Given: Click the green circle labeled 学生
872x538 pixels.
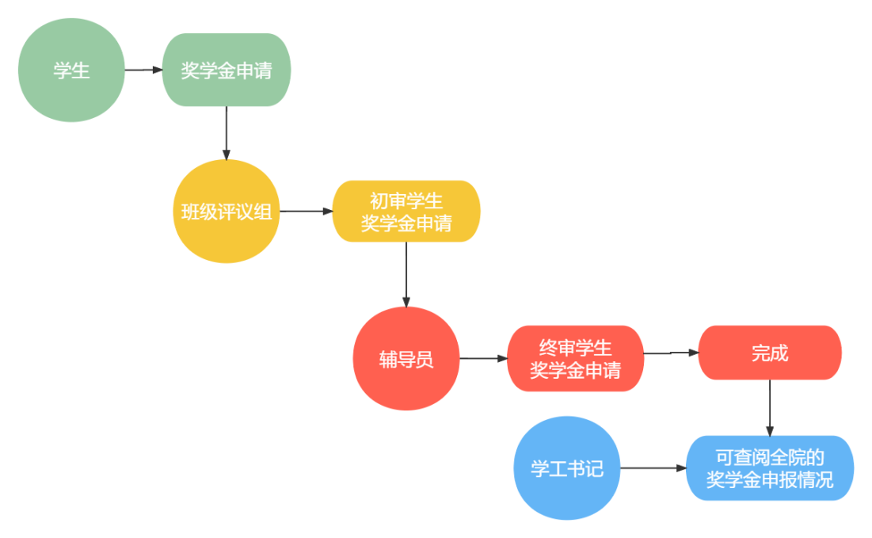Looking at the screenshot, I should click(x=71, y=71).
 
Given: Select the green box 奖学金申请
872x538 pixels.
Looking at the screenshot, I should click(x=227, y=71).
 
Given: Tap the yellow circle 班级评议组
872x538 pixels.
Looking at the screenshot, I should click(x=227, y=212).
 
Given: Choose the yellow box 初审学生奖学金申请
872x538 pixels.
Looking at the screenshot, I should click(x=406, y=212).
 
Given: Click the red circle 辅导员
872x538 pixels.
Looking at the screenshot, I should click(x=406, y=359).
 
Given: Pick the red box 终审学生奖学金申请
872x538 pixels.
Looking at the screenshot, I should click(x=575, y=359).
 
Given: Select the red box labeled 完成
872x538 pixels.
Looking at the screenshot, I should click(x=770, y=353).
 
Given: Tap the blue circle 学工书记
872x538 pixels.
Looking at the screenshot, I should click(x=567, y=468).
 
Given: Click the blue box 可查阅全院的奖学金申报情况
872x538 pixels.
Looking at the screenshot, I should click(x=770, y=468).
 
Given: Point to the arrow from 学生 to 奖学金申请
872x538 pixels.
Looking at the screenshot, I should click(x=143, y=70).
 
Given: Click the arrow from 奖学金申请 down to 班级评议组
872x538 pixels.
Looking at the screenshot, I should click(x=227, y=132).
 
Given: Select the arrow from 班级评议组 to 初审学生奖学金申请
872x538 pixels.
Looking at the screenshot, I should click(x=306, y=212).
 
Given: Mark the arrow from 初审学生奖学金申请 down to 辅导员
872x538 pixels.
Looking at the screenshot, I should click(x=406, y=273).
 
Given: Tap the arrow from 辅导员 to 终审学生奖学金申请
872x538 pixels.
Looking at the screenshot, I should click(x=483, y=359).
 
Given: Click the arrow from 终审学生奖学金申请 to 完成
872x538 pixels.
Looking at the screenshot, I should click(x=671, y=353).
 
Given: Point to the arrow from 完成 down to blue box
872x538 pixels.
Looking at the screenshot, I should click(x=770, y=406).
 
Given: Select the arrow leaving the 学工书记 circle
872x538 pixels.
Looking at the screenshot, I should click(x=653, y=468).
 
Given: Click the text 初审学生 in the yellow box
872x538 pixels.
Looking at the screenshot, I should click(x=406, y=201).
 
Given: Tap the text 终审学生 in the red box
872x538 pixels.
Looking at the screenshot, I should click(x=575, y=348).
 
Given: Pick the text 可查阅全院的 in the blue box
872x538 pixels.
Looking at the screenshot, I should click(x=770, y=457).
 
